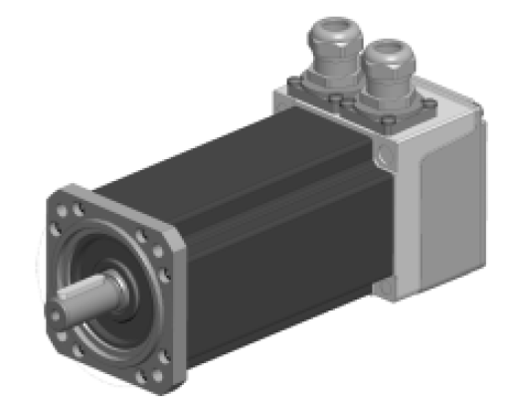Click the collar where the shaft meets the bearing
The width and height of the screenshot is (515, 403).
coord(114,288)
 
